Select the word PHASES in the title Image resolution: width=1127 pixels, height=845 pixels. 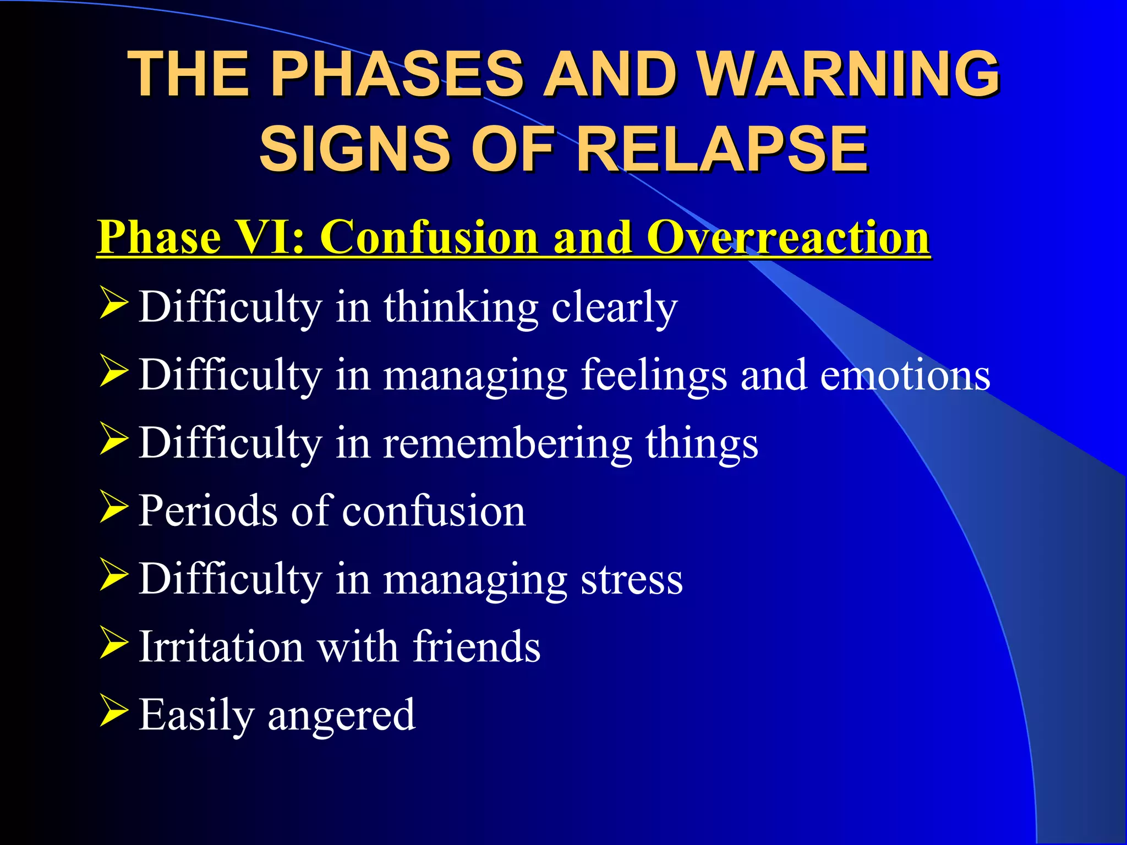pyautogui.click(x=396, y=74)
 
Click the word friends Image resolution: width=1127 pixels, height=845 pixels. pyautogui.click(x=477, y=647)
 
